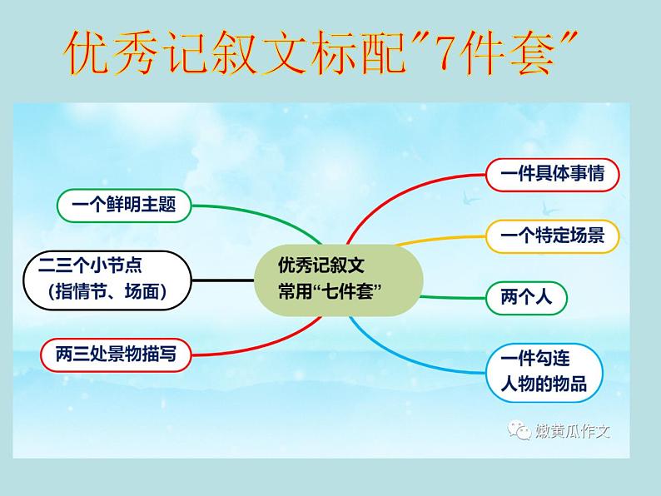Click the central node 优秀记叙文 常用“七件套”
[x=338, y=280]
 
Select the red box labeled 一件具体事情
[x=553, y=174]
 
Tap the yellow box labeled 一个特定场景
[x=553, y=236]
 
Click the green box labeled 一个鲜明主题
[x=123, y=205]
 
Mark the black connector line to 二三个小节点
[x=223, y=280]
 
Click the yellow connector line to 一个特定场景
[x=441, y=239]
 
